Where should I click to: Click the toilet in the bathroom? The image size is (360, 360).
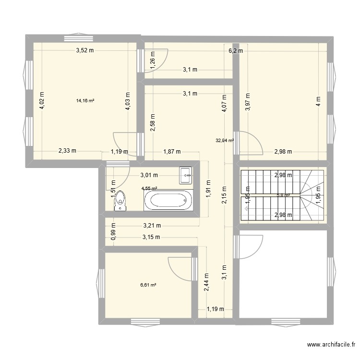click(120, 201)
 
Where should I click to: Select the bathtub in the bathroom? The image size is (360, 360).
click(168, 200)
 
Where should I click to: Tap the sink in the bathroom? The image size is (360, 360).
click(185, 175)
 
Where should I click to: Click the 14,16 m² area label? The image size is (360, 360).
click(85, 101)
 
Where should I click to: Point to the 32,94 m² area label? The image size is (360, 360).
click(225, 141)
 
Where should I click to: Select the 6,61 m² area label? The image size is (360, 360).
click(148, 285)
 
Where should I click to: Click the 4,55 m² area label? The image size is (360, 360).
click(150, 189)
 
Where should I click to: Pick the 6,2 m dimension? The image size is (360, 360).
click(236, 50)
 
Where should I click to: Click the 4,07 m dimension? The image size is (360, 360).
click(224, 104)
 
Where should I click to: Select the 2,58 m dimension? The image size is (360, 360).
click(153, 122)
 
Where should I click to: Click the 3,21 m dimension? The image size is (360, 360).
click(152, 225)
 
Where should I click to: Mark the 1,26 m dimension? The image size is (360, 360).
click(153, 63)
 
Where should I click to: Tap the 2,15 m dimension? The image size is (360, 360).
click(224, 194)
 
